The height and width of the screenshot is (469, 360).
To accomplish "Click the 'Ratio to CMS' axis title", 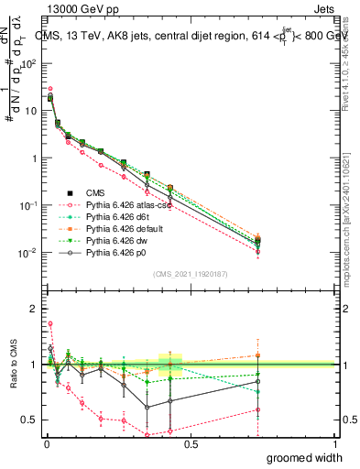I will [x=12, y=365].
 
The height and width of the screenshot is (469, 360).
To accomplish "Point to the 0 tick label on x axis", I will [x=47, y=443].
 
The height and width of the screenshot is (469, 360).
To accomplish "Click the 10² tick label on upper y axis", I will [x=27, y=63].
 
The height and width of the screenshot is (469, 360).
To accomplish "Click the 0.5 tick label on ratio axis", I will [x=29, y=420].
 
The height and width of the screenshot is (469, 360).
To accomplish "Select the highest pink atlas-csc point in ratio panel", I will [x=50, y=323].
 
